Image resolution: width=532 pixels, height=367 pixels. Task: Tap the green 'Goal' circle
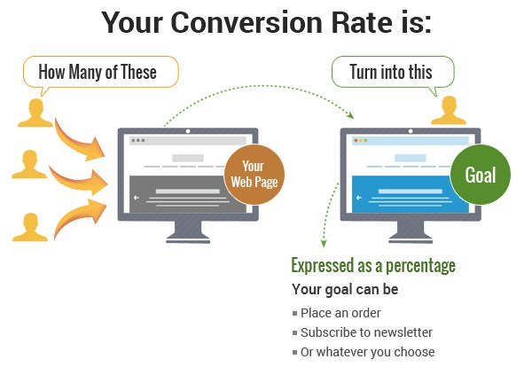480,175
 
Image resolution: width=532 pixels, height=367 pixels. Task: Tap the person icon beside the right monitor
448,110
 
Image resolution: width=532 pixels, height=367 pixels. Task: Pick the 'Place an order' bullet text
340,312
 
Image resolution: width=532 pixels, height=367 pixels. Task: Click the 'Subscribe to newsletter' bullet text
366,332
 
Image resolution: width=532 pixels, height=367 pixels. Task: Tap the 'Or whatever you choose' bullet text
367,352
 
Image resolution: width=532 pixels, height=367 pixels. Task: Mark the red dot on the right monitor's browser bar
356,141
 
